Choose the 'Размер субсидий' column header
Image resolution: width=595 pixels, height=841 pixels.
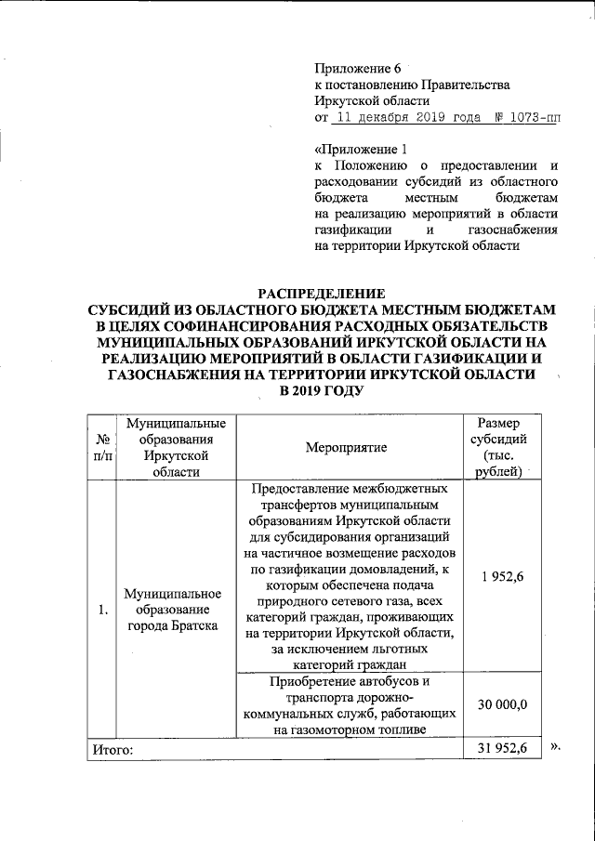click(x=504, y=447)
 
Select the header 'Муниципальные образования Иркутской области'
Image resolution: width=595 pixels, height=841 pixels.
click(x=173, y=447)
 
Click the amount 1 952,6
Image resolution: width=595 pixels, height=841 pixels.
click(x=503, y=577)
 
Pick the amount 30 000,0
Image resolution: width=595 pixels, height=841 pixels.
click(x=503, y=705)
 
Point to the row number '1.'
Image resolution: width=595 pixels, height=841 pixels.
click(x=101, y=610)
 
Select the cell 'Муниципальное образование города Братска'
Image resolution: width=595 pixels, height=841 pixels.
click(x=173, y=610)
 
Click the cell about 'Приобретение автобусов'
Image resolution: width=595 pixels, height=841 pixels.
click(x=350, y=705)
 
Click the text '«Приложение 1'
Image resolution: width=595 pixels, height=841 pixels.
click(x=362, y=149)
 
